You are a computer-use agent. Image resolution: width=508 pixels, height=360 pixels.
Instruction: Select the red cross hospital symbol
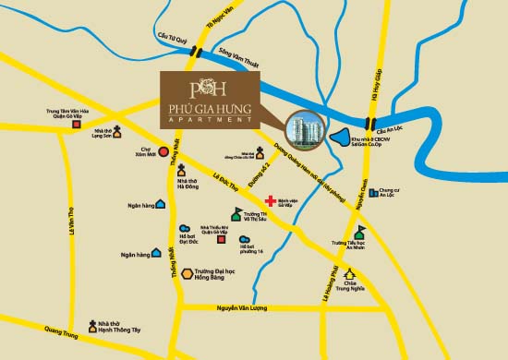[270, 198]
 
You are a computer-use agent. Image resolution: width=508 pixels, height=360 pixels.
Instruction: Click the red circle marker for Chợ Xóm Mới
[163, 151]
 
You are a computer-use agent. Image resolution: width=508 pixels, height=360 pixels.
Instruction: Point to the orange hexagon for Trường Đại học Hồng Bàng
[187, 273]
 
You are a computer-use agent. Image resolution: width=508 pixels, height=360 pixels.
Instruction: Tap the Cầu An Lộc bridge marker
[370, 124]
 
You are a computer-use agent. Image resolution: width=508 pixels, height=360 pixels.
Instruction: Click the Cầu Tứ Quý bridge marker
[192, 54]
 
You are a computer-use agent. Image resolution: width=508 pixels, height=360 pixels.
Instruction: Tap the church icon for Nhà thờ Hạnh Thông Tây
[92, 325]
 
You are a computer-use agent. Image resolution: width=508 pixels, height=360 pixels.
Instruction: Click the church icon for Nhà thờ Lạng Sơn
[118, 132]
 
